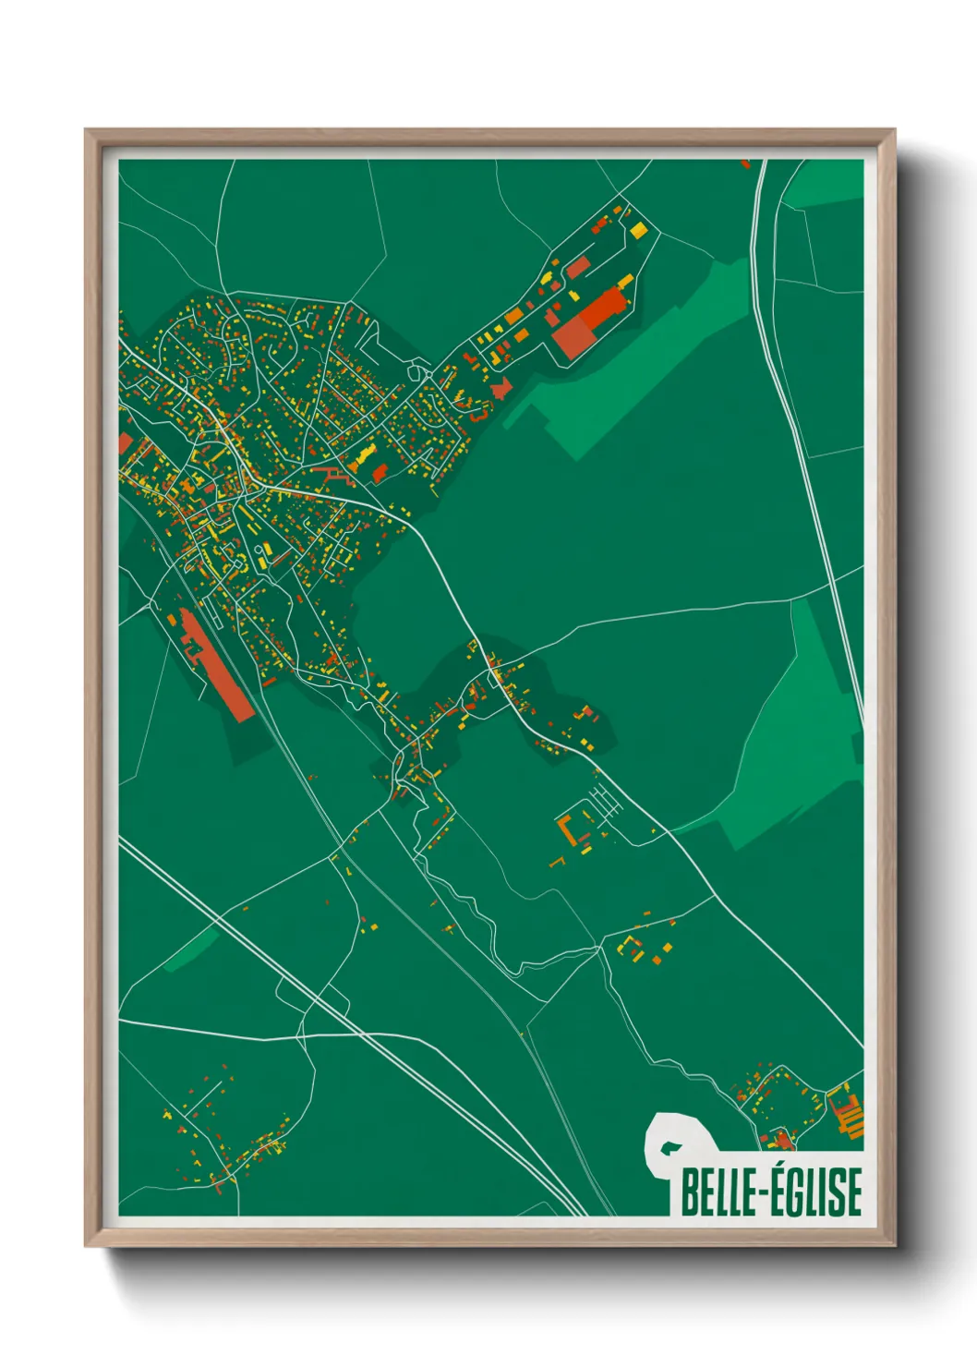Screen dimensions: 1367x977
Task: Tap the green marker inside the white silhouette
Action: tap(669, 1149)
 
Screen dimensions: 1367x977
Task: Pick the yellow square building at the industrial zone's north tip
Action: tap(638, 229)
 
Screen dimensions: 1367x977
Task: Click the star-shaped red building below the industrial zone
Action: tap(501, 388)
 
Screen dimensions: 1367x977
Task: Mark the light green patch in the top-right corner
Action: tap(825, 185)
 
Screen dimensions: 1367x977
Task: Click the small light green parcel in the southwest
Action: tap(191, 950)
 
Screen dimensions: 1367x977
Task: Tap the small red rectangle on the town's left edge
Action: tap(125, 443)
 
